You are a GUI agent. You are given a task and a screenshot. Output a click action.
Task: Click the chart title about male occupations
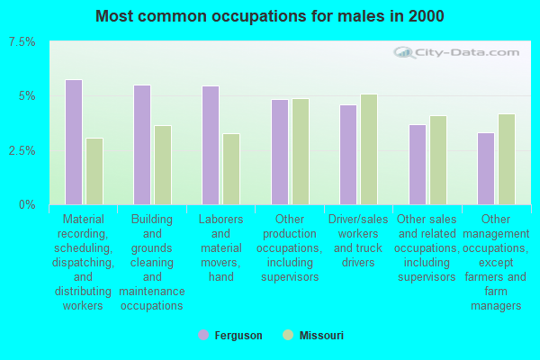coord(269,16)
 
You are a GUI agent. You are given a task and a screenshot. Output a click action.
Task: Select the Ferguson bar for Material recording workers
coord(74,142)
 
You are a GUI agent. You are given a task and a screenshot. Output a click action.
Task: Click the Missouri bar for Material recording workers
coord(94,171)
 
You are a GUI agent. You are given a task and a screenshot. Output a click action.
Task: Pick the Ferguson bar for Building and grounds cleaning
coord(142,145)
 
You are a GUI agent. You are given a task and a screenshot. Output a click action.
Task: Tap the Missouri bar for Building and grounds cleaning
coord(163,165)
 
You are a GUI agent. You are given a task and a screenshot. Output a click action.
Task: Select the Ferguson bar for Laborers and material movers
coord(211,145)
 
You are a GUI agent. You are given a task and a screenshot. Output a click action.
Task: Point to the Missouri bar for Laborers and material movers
coord(231,169)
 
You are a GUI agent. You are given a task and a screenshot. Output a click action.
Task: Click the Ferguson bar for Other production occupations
coord(280,152)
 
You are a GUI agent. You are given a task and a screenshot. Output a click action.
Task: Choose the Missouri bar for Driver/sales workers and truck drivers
coord(369,149)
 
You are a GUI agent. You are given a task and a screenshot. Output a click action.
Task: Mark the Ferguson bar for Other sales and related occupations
coord(418,165)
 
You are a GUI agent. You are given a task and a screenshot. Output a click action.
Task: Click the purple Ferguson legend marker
coord(203,336)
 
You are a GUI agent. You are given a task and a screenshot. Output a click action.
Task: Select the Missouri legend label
coord(322,336)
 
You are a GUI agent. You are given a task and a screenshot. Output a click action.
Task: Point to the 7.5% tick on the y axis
coord(22,42)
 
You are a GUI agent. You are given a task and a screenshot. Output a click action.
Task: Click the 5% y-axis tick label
coord(28,96)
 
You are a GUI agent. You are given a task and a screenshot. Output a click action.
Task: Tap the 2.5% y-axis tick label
coord(22,150)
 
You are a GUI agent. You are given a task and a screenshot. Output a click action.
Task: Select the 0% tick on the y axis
coord(28,204)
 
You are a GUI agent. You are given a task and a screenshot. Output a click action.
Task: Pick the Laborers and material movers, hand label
coord(221,247)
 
